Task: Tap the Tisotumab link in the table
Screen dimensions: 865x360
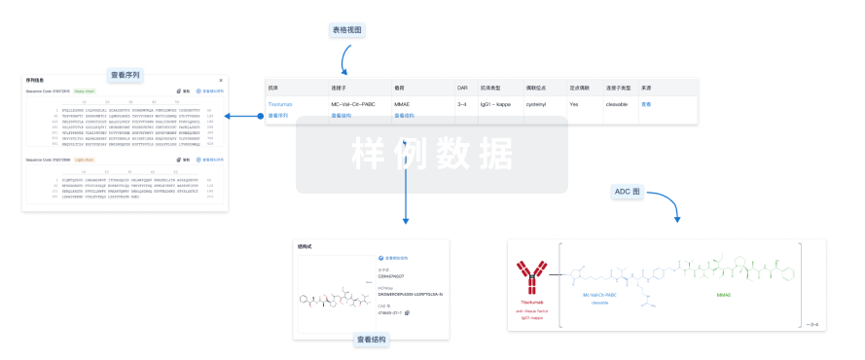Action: click(x=280, y=103)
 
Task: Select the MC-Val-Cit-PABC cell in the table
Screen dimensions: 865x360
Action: click(x=351, y=103)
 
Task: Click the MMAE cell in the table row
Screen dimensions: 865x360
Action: click(x=403, y=103)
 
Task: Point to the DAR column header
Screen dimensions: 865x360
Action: click(x=462, y=88)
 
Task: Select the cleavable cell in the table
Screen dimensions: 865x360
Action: click(x=619, y=103)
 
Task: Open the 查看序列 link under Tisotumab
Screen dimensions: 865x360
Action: click(x=278, y=116)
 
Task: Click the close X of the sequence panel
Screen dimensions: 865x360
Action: click(x=221, y=80)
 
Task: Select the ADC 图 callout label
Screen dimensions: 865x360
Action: click(x=628, y=193)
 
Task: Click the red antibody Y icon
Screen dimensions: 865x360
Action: click(x=531, y=275)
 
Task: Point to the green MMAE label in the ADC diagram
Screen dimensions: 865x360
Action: click(x=724, y=294)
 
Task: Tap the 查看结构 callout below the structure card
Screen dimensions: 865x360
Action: click(x=372, y=340)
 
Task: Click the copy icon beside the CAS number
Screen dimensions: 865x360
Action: click(x=408, y=312)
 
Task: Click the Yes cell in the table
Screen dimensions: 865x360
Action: click(x=574, y=103)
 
